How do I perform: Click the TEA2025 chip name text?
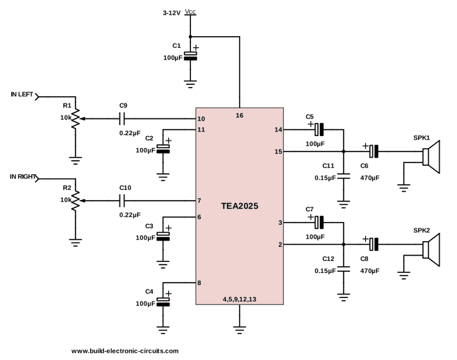(240, 207)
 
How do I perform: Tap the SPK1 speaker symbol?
(432, 157)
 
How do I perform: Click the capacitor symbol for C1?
(191, 56)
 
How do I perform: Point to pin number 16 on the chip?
(240, 116)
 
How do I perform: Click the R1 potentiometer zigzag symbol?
(76, 118)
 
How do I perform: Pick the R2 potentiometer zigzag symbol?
(76, 200)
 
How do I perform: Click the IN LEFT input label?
(22, 95)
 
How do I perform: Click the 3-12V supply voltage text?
(172, 14)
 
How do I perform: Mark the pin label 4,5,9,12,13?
(240, 299)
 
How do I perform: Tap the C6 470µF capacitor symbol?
(374, 152)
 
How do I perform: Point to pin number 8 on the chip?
(199, 283)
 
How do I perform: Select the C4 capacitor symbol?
(165, 302)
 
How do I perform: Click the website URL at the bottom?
(125, 351)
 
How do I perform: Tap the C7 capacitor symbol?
(319, 221)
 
